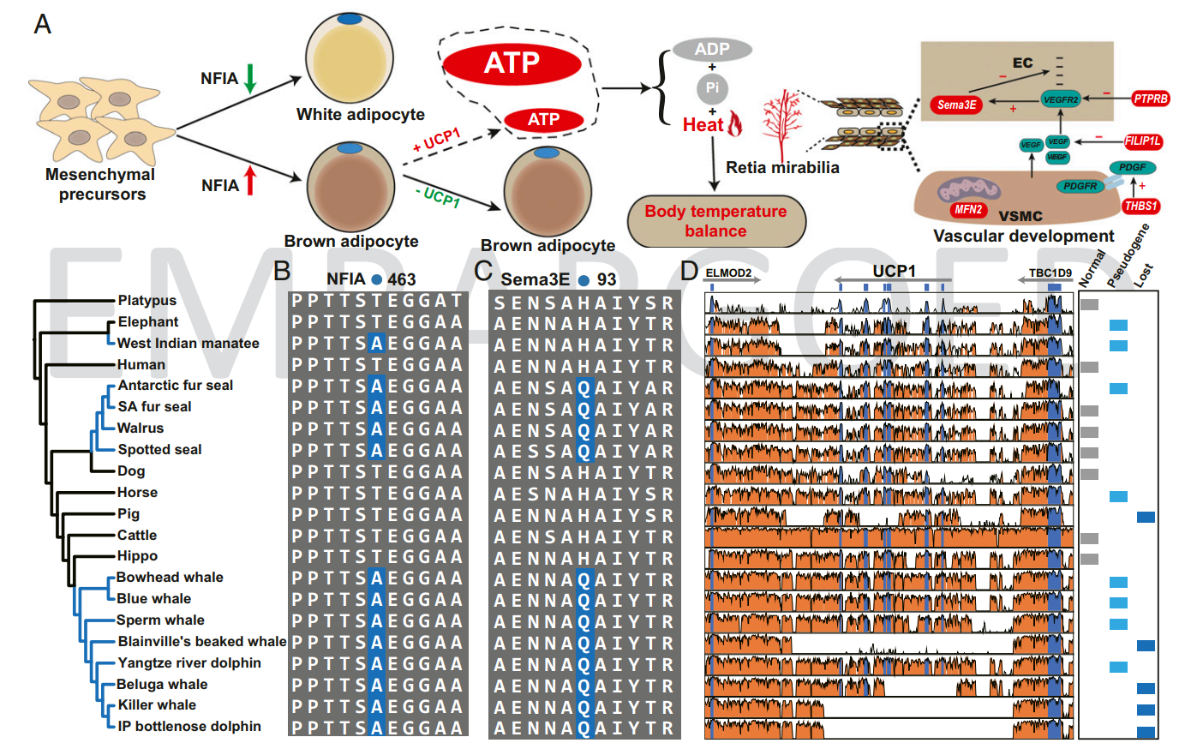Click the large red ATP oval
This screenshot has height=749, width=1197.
[512, 63]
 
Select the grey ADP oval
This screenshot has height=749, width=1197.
[712, 50]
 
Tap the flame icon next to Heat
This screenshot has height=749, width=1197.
[735, 123]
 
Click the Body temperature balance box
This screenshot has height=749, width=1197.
[716, 221]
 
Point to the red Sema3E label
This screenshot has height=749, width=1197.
[956, 105]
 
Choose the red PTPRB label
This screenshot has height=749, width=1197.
[1151, 99]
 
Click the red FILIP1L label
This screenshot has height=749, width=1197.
[1143, 141]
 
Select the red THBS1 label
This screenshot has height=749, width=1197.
[1141, 206]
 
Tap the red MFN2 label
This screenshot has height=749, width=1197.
[968, 209]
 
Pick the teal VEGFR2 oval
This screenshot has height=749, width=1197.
[1061, 99]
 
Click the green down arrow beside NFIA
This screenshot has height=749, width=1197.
[250, 78]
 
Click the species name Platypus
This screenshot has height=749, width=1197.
[147, 301]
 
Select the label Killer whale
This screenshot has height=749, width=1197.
[157, 705]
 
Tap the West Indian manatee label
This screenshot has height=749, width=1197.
[188, 344]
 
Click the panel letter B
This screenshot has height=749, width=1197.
[282, 271]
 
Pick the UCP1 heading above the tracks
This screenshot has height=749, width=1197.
[894, 271]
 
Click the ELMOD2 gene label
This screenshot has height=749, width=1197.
[728, 273]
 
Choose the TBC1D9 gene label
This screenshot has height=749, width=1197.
[1050, 273]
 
